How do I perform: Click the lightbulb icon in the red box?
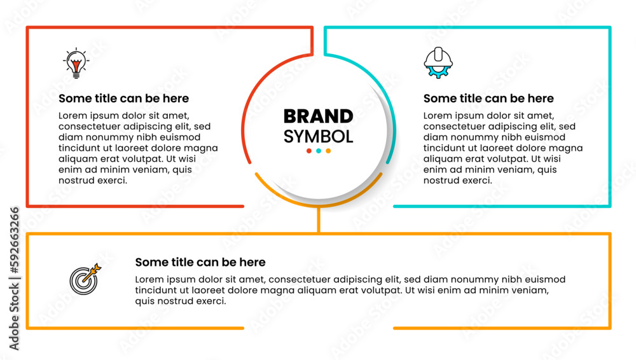76,64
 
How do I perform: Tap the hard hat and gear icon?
438,63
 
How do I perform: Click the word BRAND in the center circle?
319,116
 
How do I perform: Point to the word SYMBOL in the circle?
319,137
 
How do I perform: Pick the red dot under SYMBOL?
309,151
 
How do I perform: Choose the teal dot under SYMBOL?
319,151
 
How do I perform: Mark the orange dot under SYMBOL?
328,151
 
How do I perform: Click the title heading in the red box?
124,98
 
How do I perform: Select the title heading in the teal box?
488,98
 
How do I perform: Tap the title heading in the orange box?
200,262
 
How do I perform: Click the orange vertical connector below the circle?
319,219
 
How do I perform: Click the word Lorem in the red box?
73,116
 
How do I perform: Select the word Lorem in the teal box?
438,116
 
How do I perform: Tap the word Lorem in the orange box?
149,280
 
